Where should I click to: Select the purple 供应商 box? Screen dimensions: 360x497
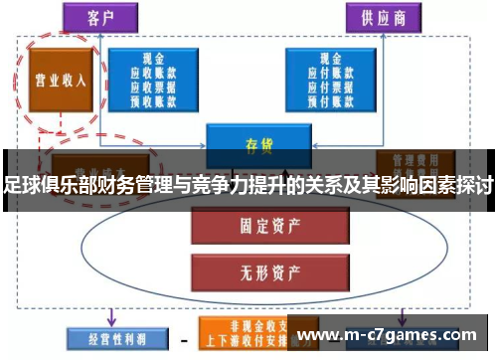[381, 17]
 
